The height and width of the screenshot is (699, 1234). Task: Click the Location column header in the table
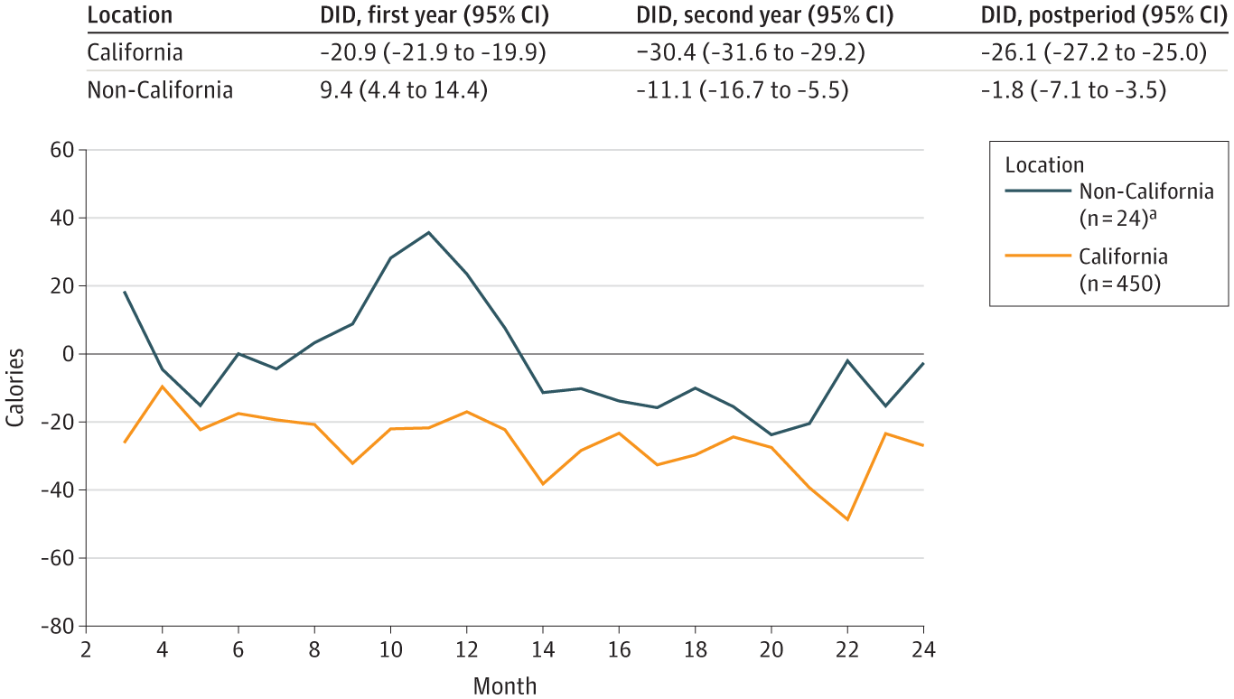coord(129,16)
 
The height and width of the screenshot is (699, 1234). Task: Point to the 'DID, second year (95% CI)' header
coord(765,16)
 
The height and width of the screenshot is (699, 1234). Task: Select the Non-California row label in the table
coord(160,90)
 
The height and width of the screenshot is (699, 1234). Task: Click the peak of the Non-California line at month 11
coord(429,232)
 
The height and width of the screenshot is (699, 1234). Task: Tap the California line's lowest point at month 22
coord(847,519)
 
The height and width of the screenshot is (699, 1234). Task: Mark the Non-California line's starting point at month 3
coord(125,292)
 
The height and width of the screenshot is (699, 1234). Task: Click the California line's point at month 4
coord(163,387)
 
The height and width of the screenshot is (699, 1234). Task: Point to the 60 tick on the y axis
coord(63,150)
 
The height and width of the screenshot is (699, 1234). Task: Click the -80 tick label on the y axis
coord(59,626)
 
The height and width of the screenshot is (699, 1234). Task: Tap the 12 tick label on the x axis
coord(466,649)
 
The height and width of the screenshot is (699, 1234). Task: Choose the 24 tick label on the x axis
coord(922,649)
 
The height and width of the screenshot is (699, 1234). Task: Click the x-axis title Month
coord(505,686)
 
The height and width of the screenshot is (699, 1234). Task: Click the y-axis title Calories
coord(15,387)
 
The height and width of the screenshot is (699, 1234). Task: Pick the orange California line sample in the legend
coord(1037,256)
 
